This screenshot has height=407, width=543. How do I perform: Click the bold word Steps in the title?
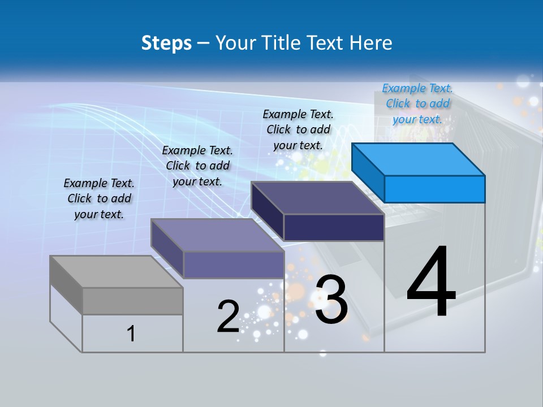point(166,43)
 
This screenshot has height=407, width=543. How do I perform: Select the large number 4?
point(431,282)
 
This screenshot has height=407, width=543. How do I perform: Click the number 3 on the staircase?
point(331,300)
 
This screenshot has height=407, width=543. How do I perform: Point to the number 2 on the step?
point(228,317)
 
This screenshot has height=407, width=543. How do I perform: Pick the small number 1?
point(131,334)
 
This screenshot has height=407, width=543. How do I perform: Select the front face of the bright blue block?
point(434,189)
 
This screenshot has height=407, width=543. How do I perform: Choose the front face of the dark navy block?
point(334,227)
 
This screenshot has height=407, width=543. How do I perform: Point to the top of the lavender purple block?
point(217,235)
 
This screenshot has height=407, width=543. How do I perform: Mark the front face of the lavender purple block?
point(234,265)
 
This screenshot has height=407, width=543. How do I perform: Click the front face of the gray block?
point(132,301)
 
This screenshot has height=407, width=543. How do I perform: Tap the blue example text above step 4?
point(417,103)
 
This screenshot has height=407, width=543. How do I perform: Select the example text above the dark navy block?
point(298,129)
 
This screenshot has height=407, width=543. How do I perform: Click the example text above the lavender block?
point(197,166)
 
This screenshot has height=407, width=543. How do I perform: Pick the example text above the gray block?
point(99,198)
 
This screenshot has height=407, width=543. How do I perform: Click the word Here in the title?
point(371,43)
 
